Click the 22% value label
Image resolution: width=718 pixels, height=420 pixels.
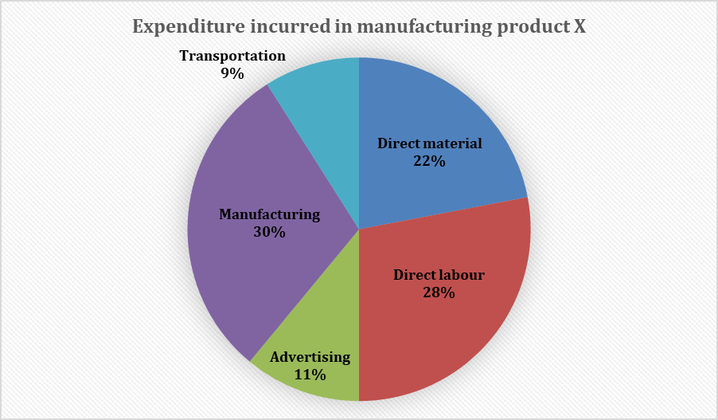(x=429, y=161)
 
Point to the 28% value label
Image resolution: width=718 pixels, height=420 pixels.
(x=439, y=293)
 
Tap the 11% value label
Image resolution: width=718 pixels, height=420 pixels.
(x=310, y=374)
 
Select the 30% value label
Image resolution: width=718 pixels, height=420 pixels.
(x=269, y=232)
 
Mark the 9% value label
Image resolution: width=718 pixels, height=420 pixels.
(x=232, y=73)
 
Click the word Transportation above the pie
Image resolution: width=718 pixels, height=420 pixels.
(x=232, y=56)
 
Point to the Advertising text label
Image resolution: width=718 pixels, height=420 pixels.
(x=310, y=356)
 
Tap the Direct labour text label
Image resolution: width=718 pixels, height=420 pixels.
(x=439, y=276)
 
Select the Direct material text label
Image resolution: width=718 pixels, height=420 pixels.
(x=430, y=144)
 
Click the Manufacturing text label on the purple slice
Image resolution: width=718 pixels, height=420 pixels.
(x=270, y=214)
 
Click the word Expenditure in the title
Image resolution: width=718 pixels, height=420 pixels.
(x=181, y=27)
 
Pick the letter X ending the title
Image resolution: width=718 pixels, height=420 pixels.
(x=579, y=27)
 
